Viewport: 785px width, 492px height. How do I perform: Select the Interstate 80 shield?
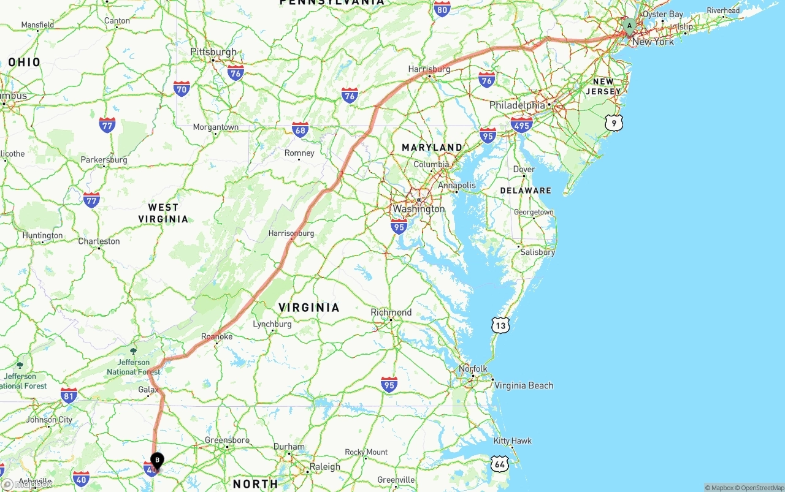[x=442, y=9]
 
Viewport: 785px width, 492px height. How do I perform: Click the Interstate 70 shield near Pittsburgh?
[x=181, y=89]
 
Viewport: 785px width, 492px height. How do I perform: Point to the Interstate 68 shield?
[x=300, y=129]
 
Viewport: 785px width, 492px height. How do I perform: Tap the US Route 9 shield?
[x=614, y=123]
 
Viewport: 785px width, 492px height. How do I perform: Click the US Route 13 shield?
[x=500, y=325]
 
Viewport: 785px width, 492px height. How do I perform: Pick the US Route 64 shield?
[x=500, y=464]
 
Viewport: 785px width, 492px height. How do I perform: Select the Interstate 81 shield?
[x=69, y=395]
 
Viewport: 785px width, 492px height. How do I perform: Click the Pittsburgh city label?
[x=213, y=52]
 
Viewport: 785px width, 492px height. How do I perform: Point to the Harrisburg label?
[x=429, y=69]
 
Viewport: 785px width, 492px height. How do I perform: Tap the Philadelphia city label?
[x=517, y=105]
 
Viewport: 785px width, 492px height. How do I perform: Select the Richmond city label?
[x=391, y=312]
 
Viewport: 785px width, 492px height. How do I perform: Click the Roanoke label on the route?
[x=217, y=336]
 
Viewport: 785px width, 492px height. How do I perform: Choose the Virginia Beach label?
[x=524, y=385]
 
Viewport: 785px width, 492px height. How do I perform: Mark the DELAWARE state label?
[x=526, y=191]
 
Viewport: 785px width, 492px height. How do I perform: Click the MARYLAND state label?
[x=432, y=148]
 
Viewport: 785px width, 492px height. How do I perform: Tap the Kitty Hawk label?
[x=513, y=441]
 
